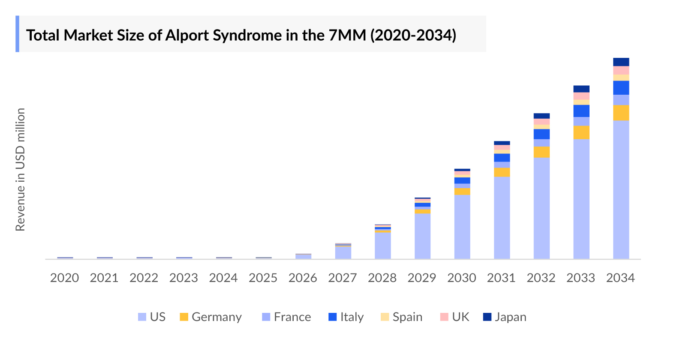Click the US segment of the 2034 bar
[621, 189]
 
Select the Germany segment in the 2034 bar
[621, 113]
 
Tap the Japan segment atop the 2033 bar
[581, 89]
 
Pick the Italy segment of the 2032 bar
[542, 134]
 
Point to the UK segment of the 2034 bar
[621, 70]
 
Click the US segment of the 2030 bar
[462, 227]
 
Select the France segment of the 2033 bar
[581, 121]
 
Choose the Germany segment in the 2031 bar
[502, 172]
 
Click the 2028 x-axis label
[382, 278]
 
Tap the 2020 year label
[64, 278]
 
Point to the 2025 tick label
[263, 278]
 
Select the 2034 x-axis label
[620, 278]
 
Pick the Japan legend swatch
[487, 317]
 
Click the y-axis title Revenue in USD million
[20, 169]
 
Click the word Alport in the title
[187, 35]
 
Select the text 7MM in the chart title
[347, 35]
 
